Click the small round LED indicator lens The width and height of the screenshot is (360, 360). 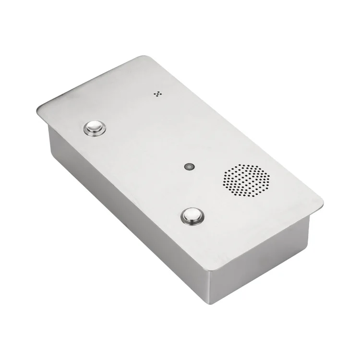(189, 167)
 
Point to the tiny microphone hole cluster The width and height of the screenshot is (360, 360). (156, 93)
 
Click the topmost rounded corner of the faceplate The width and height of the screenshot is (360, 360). (145, 57)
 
